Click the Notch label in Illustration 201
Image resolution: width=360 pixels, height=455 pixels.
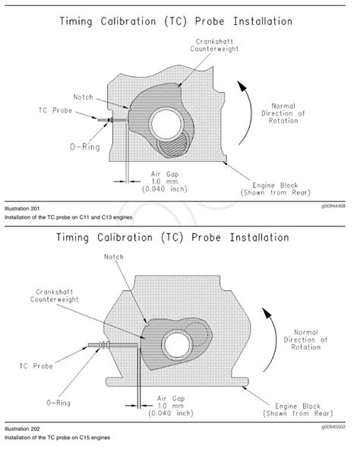click(83, 97)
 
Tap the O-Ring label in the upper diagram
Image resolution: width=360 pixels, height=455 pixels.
click(85, 147)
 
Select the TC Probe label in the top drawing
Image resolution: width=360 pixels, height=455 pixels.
click(55, 111)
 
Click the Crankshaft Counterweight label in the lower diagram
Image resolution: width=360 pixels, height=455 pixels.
click(54, 295)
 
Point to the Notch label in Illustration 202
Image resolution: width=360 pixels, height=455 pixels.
click(114, 257)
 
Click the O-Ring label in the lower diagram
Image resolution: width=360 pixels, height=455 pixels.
click(58, 403)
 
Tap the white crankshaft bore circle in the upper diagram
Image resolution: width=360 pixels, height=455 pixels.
click(166, 125)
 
